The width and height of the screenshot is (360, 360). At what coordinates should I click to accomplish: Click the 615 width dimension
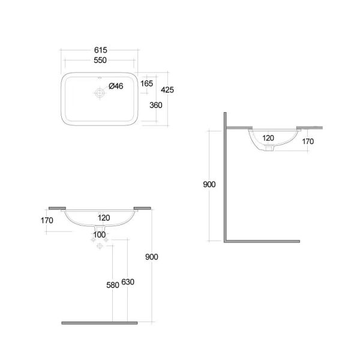coord(101,50)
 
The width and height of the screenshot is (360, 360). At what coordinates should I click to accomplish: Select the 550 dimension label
coord(100,60)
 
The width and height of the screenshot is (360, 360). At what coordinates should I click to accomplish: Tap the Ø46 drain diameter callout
coord(116,86)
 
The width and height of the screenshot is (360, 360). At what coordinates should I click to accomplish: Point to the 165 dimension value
coord(147,83)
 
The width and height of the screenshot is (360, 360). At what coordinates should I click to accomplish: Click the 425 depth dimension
coord(167,90)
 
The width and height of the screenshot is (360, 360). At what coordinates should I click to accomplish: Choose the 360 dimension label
coord(156,105)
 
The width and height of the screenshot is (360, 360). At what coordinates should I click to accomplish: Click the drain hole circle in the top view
coord(100,93)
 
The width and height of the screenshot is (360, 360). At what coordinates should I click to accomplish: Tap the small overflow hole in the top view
coord(100,78)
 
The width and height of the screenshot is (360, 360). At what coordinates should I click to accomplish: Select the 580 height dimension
coord(113,285)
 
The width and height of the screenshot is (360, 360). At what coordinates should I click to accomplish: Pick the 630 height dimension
coord(128,282)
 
